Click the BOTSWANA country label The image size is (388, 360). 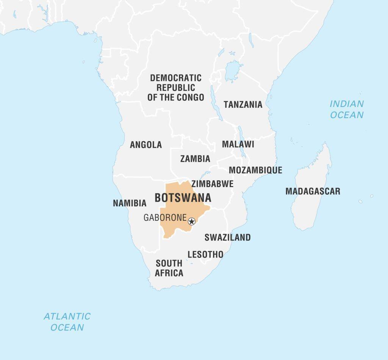coord(183,198)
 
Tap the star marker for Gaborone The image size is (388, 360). coord(192,221)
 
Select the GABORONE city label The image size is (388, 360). coord(165,218)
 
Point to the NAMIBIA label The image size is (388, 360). coord(130,203)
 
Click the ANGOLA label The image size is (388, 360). coord(146,145)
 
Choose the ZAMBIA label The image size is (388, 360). coord(195,159)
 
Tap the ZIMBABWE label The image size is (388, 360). coord(212,184)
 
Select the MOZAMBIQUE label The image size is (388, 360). coord(255,170)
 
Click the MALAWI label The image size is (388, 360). coord(238,144)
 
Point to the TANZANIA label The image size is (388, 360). coord(243,104)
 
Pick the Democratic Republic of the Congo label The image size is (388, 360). coord(176,88)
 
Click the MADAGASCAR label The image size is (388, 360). coord(313,191)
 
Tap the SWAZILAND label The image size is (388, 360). coord(227,237)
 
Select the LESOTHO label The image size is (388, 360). coord(205,254)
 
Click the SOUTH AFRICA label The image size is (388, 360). coord(169,268)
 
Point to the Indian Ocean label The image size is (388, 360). coord(346,109)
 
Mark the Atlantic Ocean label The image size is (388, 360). coord(67,322)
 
